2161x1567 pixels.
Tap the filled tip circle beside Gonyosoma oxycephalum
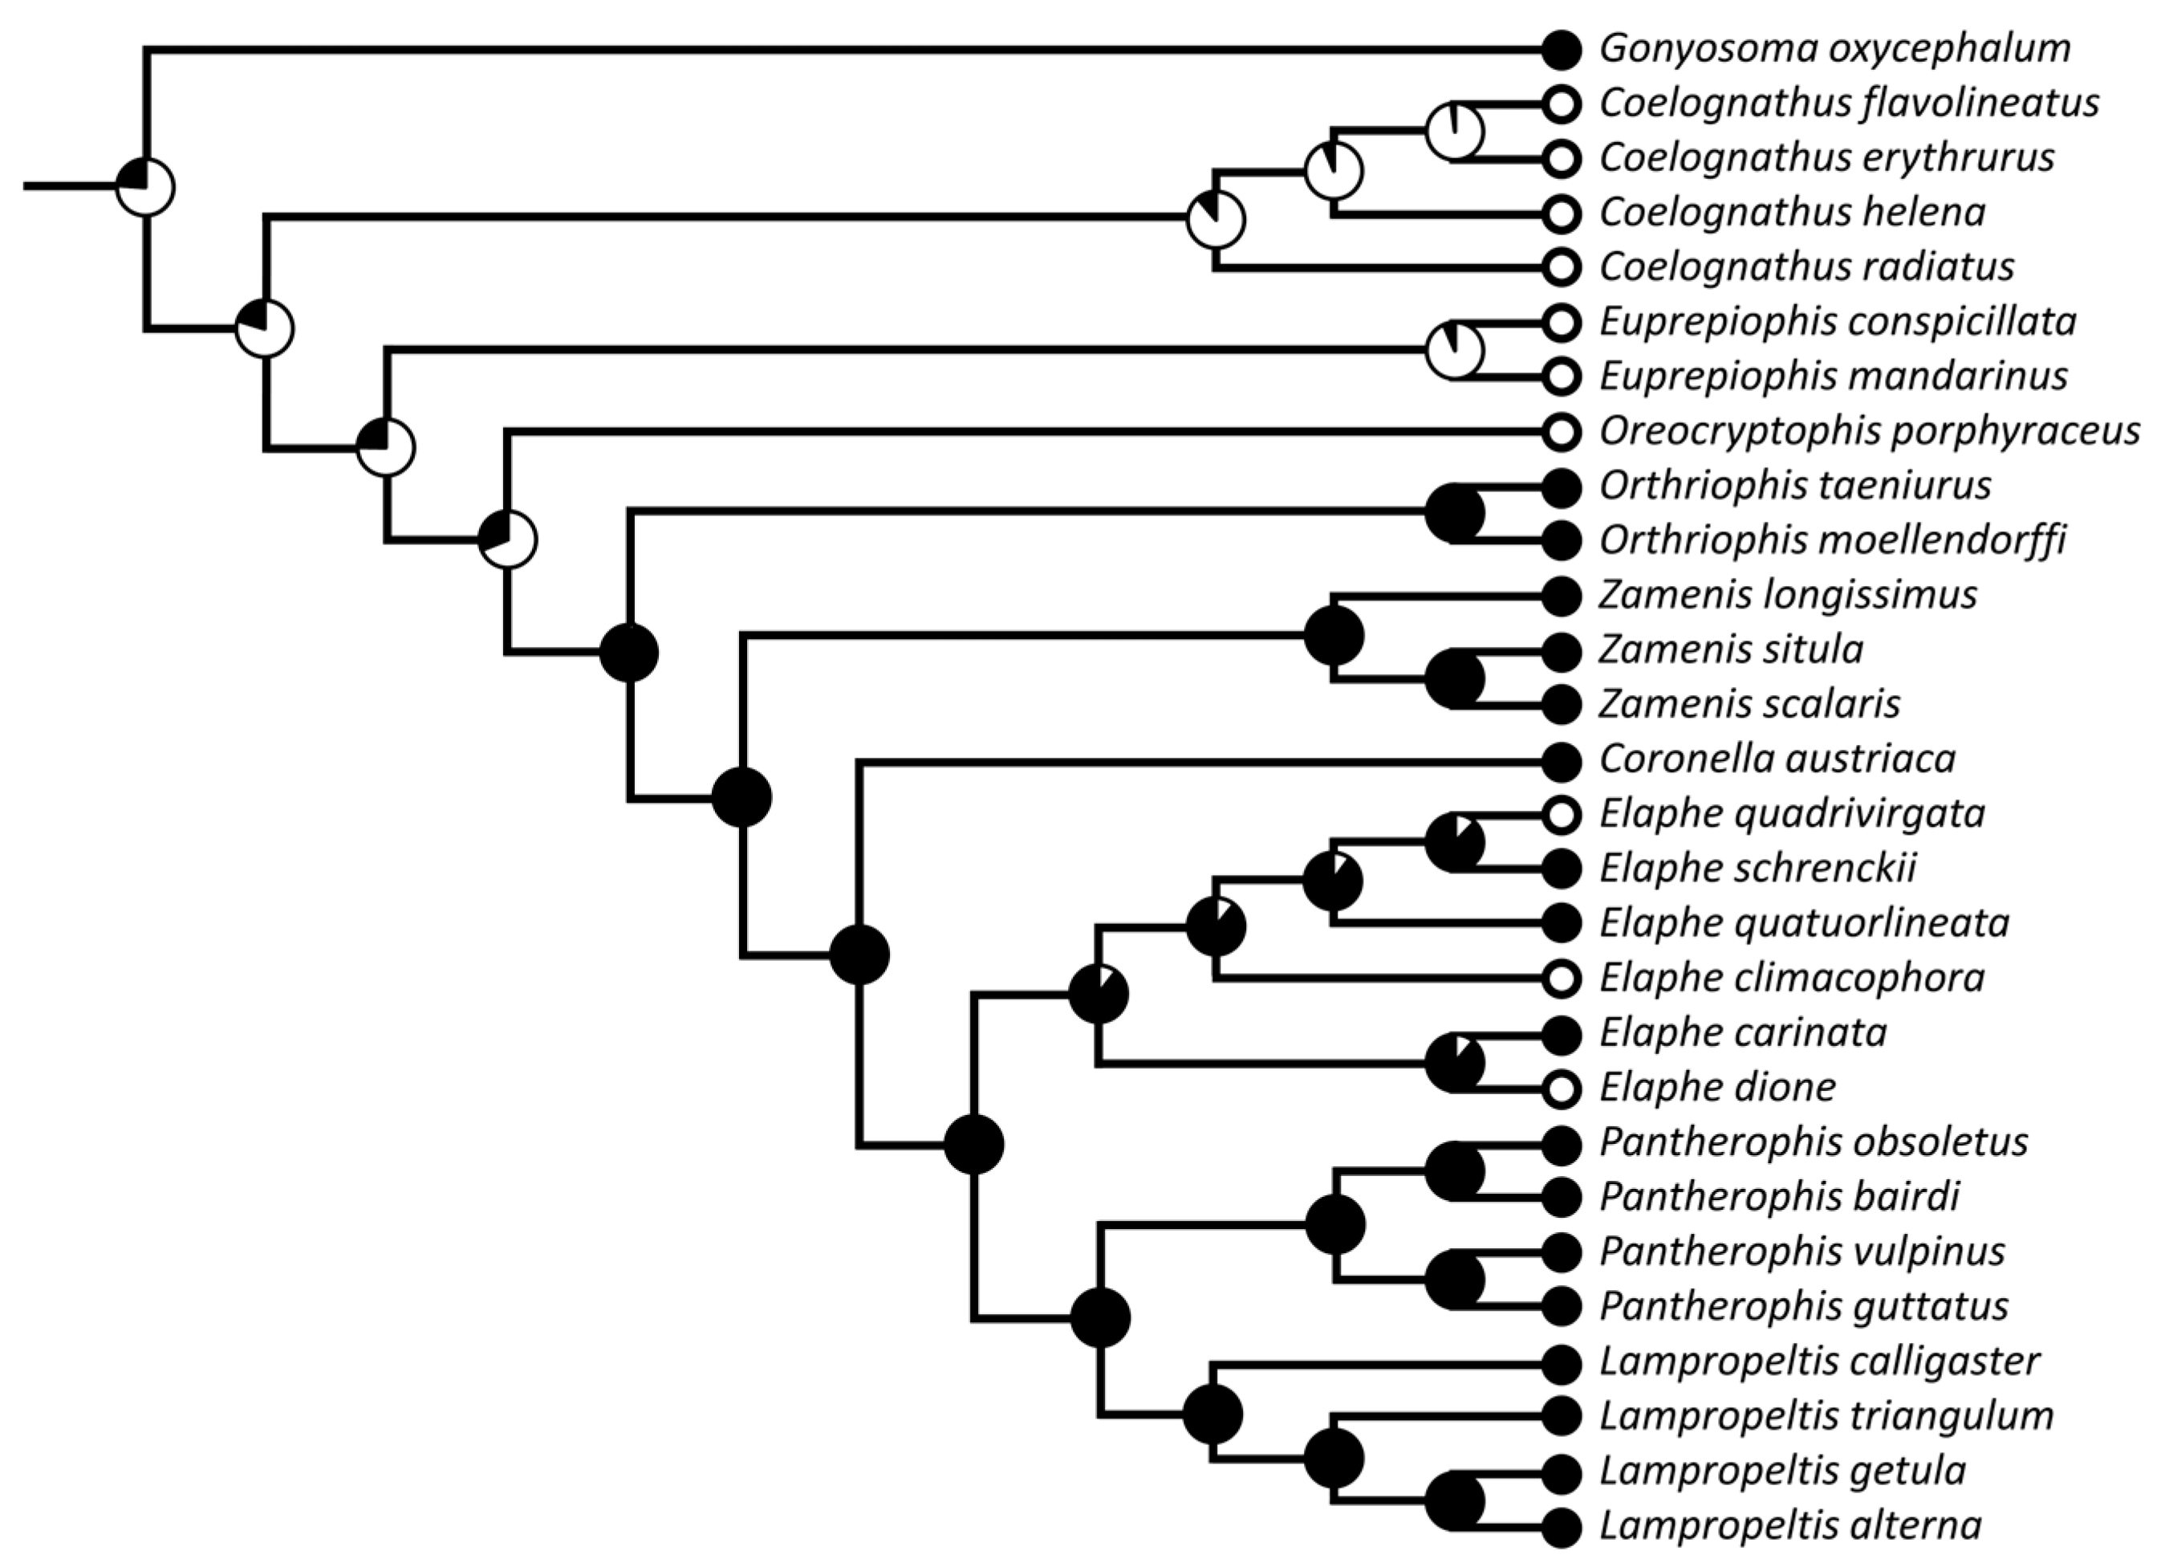click(x=1561, y=49)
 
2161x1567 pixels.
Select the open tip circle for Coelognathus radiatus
click(x=1561, y=268)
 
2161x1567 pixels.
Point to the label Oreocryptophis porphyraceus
click(x=1870, y=432)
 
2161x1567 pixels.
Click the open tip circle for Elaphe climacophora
click(x=1561, y=978)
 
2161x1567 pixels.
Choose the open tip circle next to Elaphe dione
click(x=1561, y=1088)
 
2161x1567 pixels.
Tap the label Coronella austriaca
click(x=1777, y=759)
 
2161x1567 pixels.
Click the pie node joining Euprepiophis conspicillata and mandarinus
click(x=1454, y=350)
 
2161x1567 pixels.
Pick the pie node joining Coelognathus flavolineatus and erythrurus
click(x=1454, y=131)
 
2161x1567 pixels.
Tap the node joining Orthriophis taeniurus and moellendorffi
click(x=1454, y=514)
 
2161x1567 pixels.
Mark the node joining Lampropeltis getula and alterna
click(x=1454, y=1500)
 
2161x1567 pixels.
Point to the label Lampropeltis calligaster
click(x=1819, y=1361)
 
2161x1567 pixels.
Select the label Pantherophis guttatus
click(x=1804, y=1307)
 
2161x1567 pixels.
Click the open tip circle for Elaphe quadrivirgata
click(x=1561, y=814)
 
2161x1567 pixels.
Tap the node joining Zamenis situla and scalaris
click(x=1454, y=678)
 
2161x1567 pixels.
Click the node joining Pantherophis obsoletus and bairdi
click(x=1454, y=1171)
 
